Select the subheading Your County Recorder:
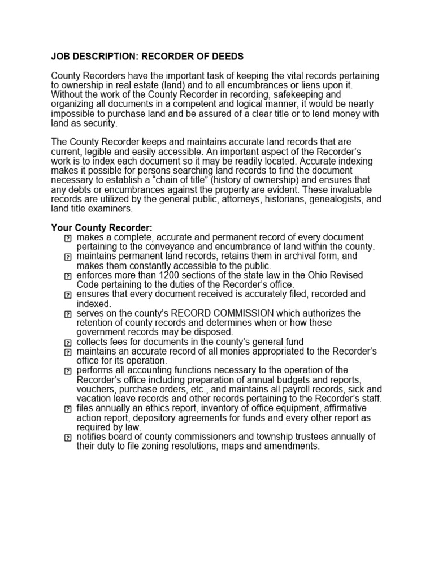click(102, 227)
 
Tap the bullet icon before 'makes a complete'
click(68, 238)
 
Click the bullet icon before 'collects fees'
click(68, 343)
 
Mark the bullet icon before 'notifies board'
click(68, 438)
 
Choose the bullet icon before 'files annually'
click(68, 409)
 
